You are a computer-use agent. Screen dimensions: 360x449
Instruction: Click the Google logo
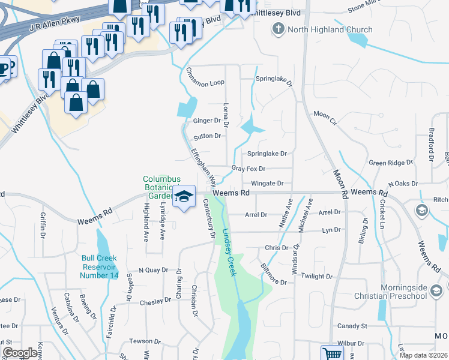20,353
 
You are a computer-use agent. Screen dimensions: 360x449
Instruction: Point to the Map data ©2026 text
423,355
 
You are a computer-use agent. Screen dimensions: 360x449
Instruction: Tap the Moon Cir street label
326,114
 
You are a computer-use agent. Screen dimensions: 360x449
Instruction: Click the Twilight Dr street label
317,276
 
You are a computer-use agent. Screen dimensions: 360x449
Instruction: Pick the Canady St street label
352,326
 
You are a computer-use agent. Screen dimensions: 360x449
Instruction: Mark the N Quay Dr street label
152,270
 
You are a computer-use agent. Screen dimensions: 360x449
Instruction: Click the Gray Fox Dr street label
248,169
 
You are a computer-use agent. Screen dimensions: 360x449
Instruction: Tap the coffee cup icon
5,67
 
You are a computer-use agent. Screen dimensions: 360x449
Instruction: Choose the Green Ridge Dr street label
387,163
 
